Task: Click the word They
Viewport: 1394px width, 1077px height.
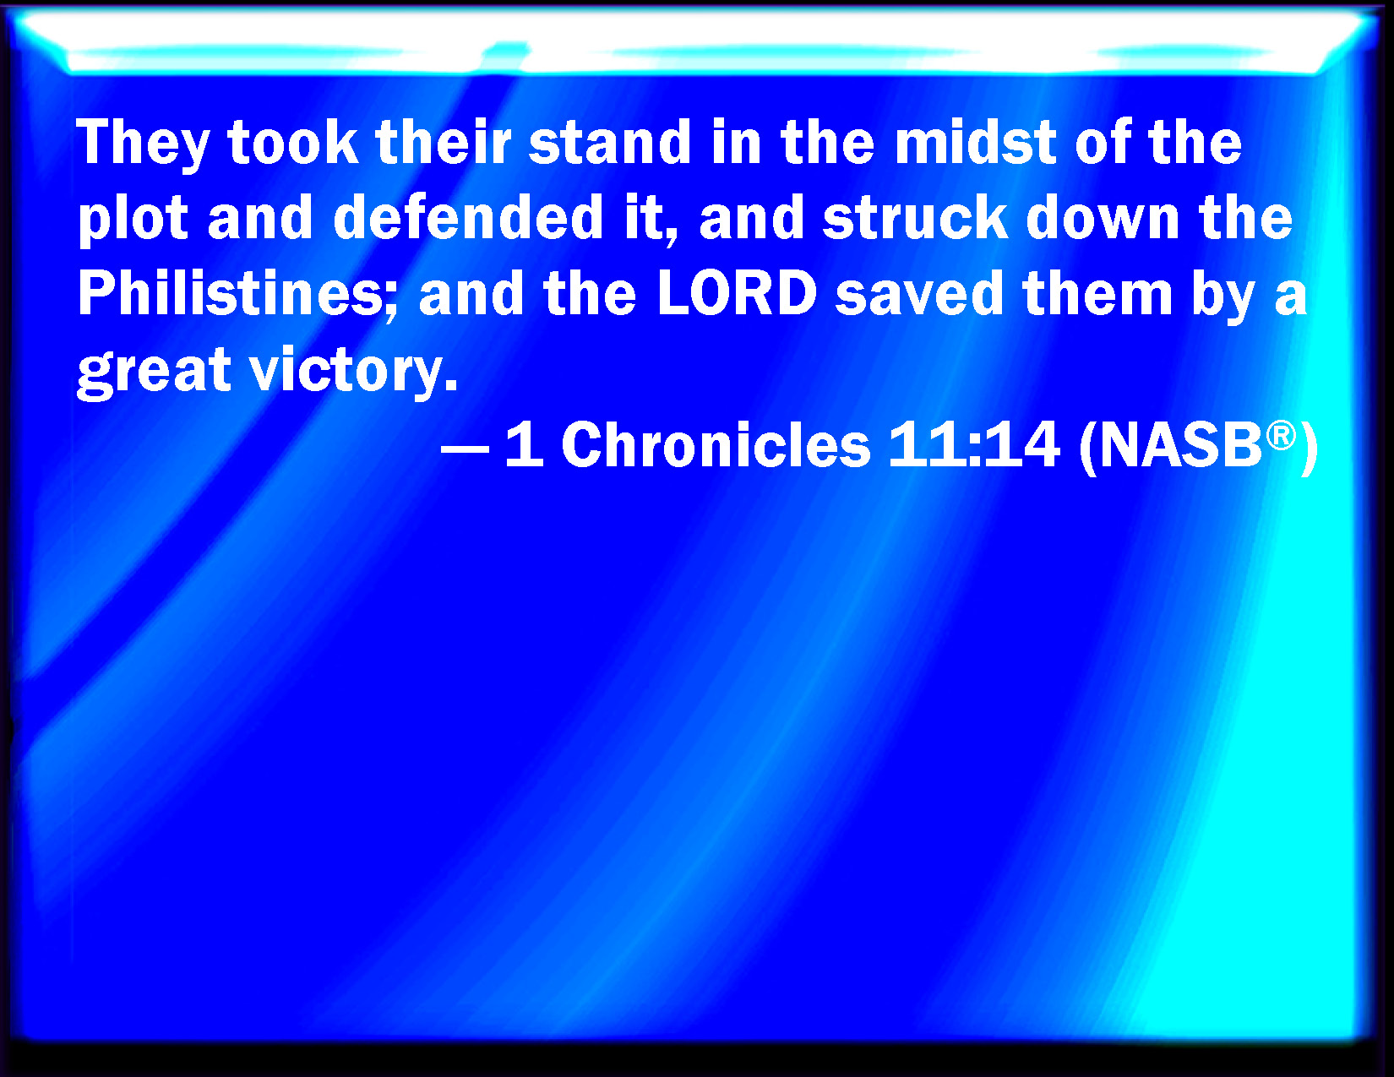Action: tap(143, 144)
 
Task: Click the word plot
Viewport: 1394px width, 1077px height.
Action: tap(133, 220)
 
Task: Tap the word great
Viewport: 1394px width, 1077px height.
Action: tap(154, 371)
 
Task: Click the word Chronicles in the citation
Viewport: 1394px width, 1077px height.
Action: tap(716, 444)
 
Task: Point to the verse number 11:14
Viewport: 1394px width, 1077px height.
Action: tap(974, 444)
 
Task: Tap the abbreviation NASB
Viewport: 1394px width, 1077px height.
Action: tap(1181, 444)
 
